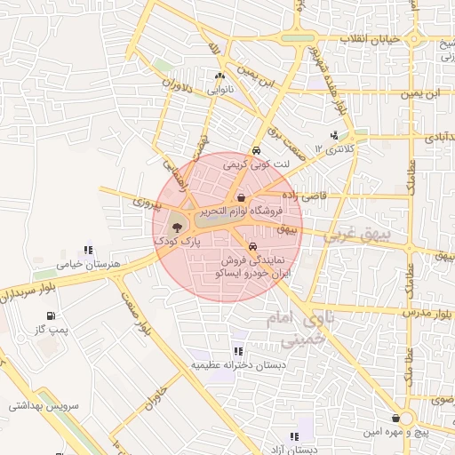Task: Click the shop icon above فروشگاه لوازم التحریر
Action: pos(241,197)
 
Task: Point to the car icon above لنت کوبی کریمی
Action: pos(256,150)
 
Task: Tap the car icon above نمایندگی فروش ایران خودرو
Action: pos(253,246)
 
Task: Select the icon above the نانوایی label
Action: pos(220,76)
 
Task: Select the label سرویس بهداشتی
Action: pos(44,405)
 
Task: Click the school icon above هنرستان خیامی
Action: pos(87,251)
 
